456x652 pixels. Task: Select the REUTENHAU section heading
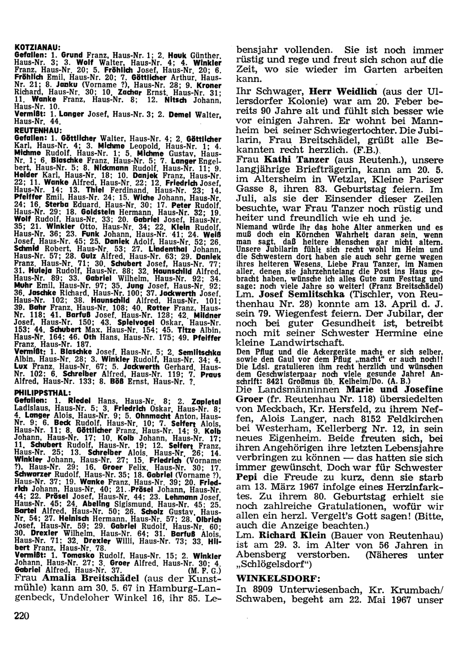[35, 130]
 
